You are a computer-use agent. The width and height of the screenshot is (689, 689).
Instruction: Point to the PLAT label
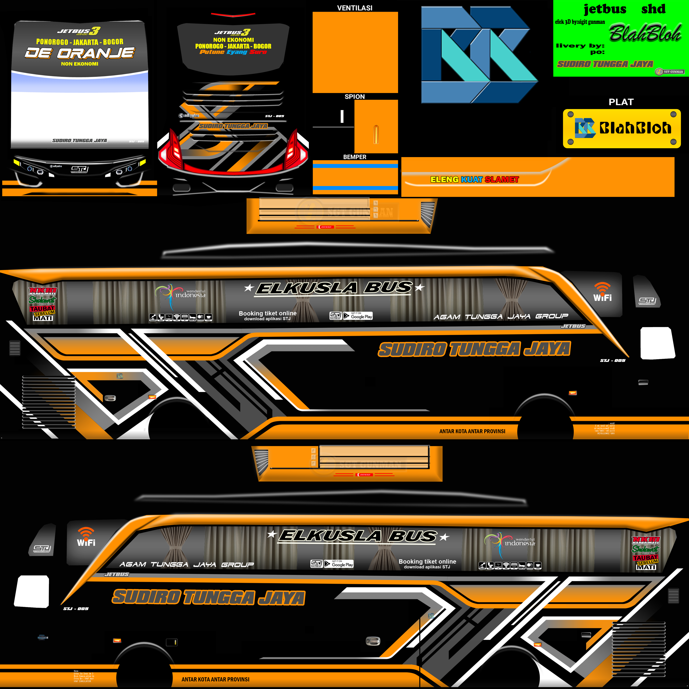[x=621, y=102]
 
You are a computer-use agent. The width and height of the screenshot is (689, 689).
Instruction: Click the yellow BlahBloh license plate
[x=622, y=128]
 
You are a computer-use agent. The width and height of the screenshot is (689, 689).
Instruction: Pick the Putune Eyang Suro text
[x=233, y=52]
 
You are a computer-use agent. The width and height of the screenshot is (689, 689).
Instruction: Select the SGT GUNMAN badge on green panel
[x=670, y=72]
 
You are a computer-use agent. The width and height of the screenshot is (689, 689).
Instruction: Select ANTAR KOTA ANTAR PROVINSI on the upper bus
[x=472, y=431]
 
